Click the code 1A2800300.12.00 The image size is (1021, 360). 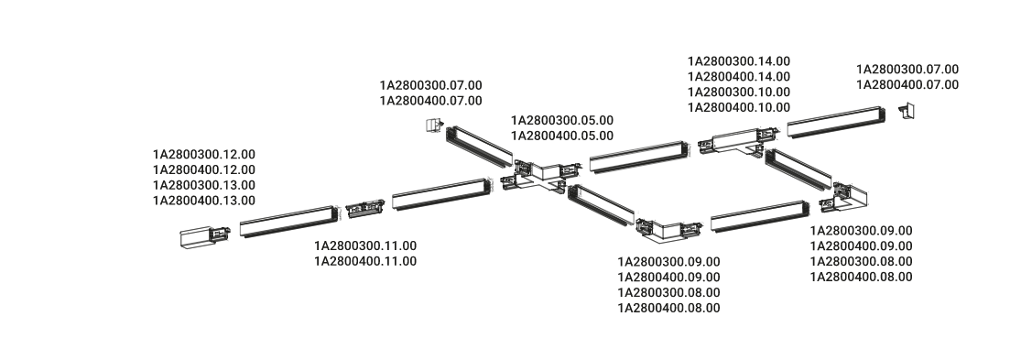[204, 154]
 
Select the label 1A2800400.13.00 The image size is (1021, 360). [204, 201]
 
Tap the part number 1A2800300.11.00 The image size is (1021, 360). [365, 245]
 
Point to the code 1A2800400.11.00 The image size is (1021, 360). [365, 261]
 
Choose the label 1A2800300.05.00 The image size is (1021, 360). [562, 120]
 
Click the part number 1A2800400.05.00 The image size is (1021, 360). [562, 136]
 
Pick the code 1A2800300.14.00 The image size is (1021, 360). [739, 61]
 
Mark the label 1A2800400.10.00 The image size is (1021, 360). [739, 107]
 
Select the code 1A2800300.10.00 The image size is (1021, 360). [739, 92]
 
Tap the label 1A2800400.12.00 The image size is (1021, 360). [204, 169]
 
